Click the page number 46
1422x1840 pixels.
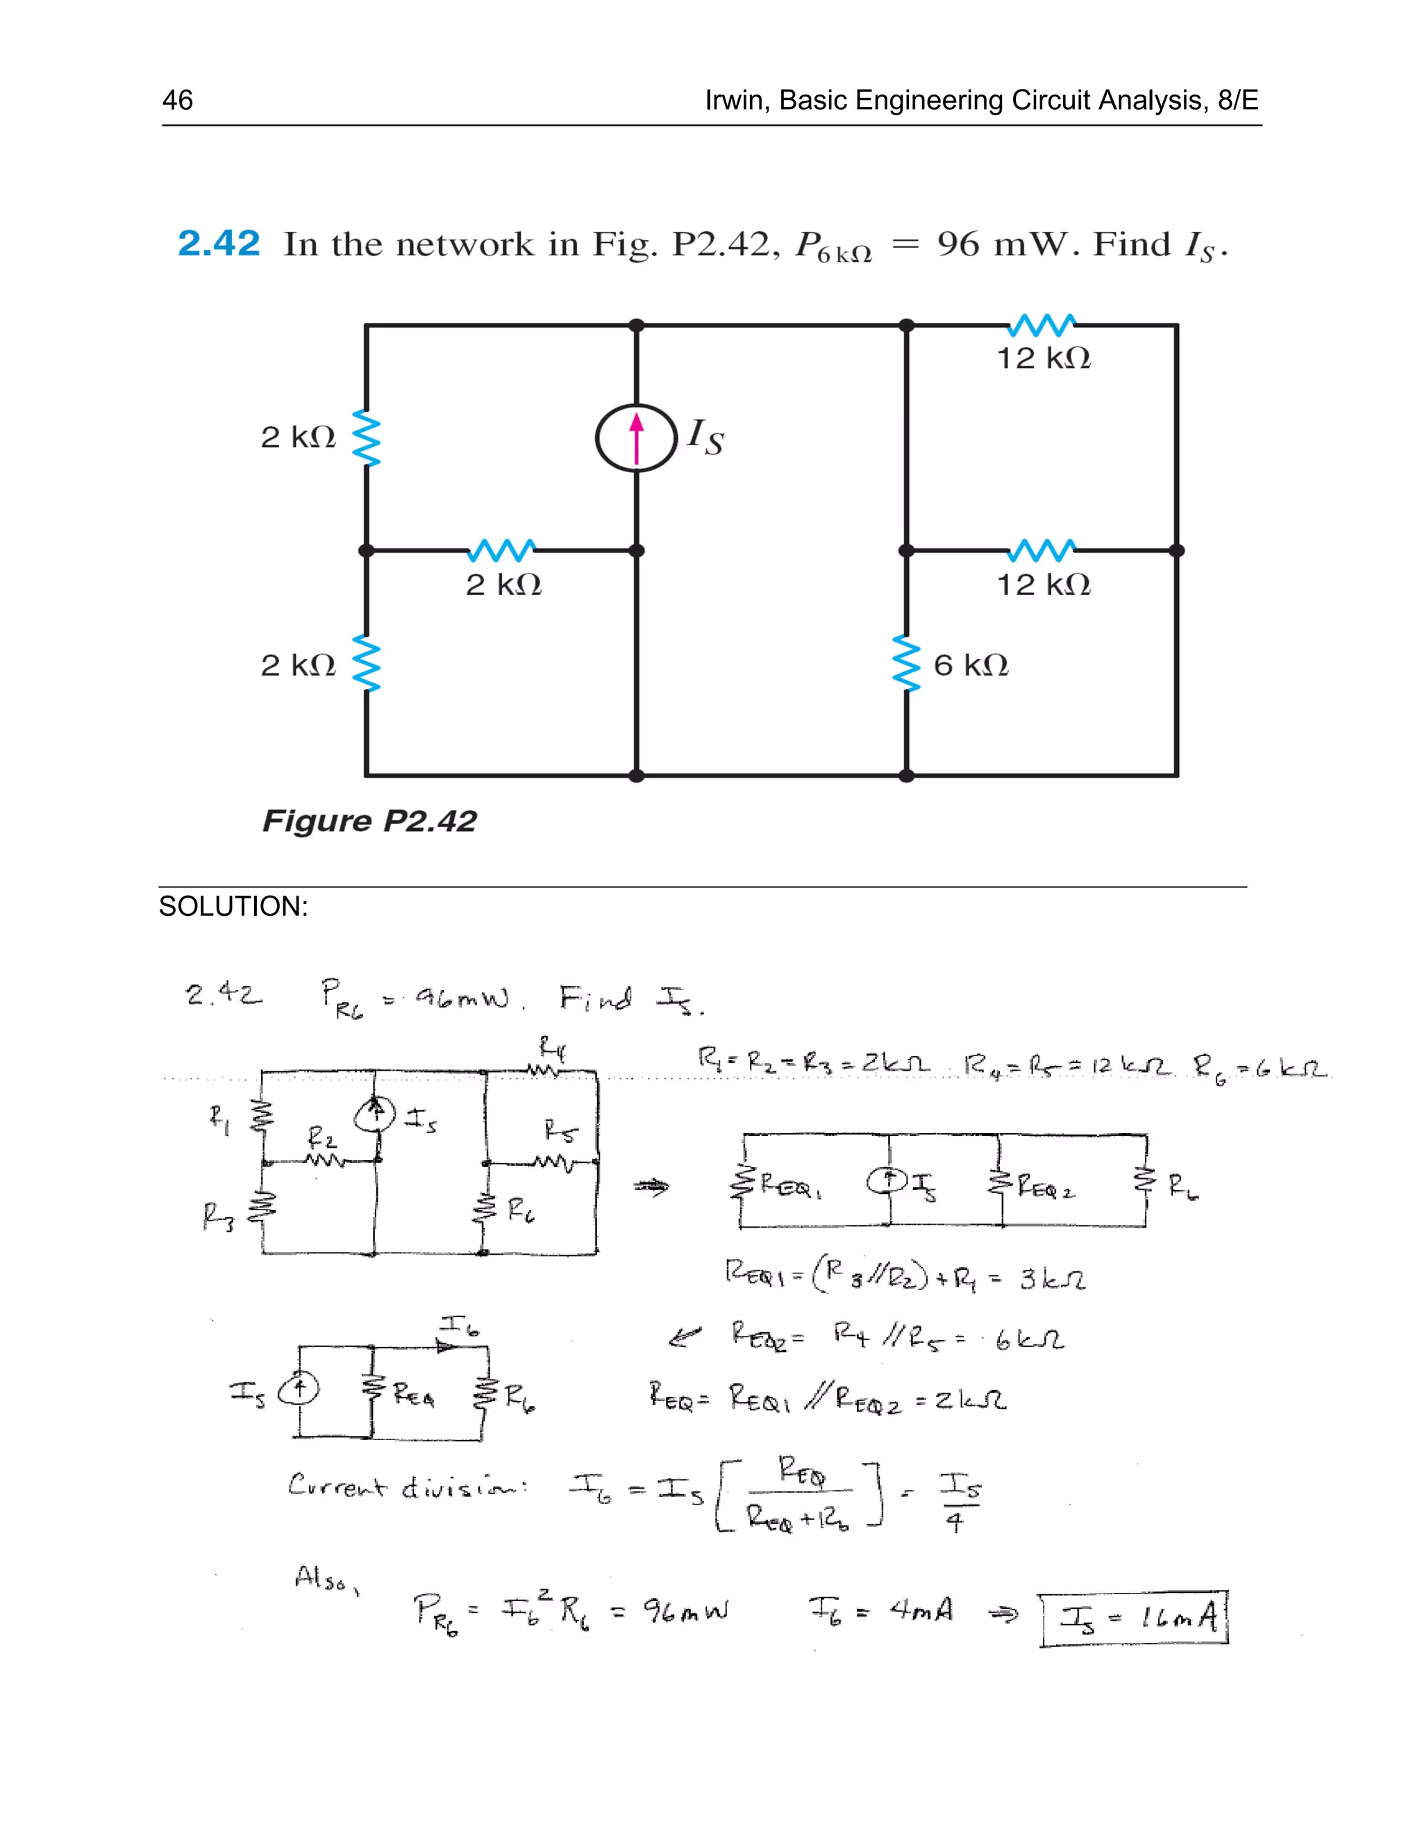[x=177, y=100]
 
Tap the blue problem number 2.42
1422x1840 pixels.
[x=218, y=244]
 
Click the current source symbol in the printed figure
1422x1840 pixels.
[x=636, y=438]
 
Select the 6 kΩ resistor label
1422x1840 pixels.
[x=971, y=666]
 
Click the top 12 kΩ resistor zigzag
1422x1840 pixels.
[x=1042, y=324]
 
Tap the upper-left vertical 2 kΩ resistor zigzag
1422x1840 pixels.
[x=367, y=438]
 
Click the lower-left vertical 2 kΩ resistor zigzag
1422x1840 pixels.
[x=367, y=664]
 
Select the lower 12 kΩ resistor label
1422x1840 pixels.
[x=1043, y=585]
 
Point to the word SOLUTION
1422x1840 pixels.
[x=233, y=907]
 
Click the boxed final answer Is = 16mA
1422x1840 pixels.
[x=1134, y=1618]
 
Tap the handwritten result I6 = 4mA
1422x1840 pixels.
[x=880, y=1611]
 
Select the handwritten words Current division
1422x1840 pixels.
[x=408, y=1485]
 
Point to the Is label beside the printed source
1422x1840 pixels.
[x=705, y=437]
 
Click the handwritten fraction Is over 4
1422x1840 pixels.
[x=959, y=1502]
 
